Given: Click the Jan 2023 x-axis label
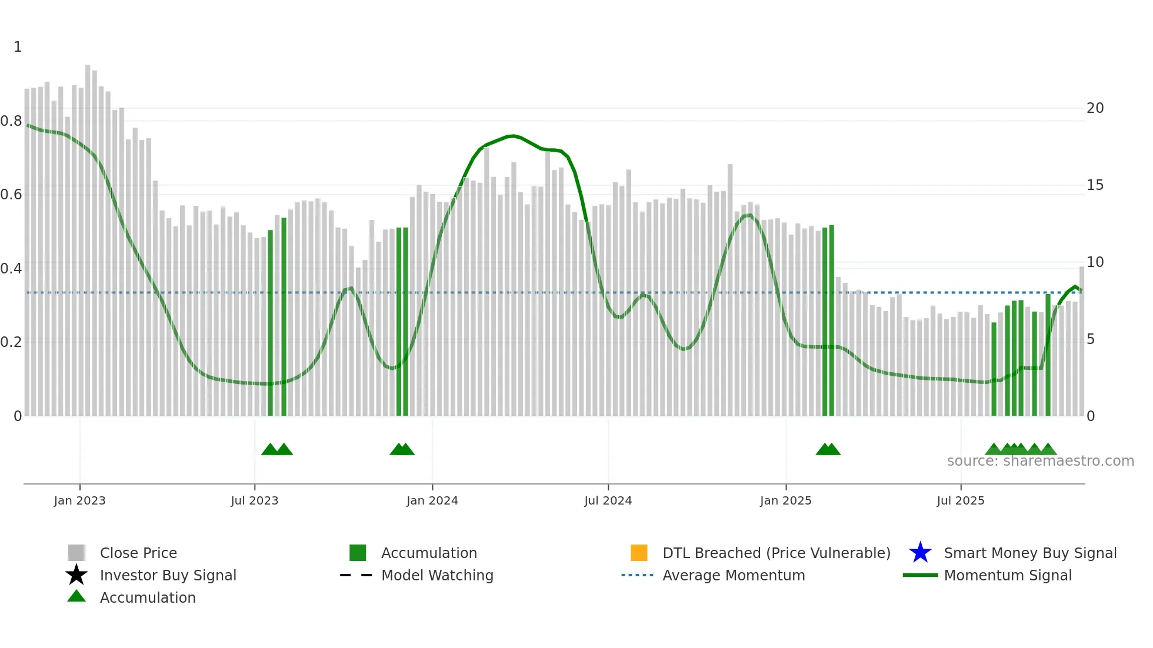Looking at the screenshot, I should point(79,500).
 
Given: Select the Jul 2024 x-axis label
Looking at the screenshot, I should point(608,500).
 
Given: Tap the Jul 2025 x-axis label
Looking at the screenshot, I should point(960,500).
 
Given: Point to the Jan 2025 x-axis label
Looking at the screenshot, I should point(785,500).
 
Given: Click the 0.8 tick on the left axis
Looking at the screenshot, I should point(11,121).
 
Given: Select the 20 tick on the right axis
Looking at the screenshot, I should point(1095,108).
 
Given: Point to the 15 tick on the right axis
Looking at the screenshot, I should point(1095,185).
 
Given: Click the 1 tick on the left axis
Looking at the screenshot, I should point(18,47).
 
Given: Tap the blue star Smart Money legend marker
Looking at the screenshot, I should point(920,553).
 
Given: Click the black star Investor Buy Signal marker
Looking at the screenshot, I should point(76,575).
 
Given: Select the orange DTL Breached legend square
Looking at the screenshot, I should point(639,553).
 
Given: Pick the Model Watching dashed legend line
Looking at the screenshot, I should point(356,575).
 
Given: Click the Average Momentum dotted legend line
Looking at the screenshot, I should point(637,575).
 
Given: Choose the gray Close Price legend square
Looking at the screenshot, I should point(76,553).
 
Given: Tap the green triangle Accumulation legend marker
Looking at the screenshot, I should point(76,596).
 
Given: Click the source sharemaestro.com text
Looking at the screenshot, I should point(1040,461).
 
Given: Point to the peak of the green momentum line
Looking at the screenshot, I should point(513,136).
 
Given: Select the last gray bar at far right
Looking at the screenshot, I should point(1081,341).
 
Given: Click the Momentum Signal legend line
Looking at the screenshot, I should point(920,575).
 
